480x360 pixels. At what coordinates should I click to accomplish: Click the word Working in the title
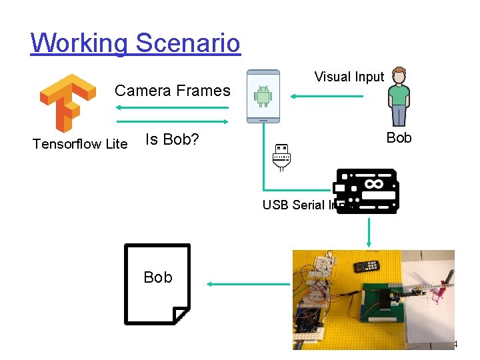[79, 43]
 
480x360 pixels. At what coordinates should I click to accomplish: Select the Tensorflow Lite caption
[80, 143]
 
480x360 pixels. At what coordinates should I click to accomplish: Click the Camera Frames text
[173, 91]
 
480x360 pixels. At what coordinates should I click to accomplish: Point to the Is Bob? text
[173, 140]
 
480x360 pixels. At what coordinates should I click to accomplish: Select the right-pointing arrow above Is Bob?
[173, 122]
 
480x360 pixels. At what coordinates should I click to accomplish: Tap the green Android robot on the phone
[263, 97]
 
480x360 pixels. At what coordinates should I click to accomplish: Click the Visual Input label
[349, 77]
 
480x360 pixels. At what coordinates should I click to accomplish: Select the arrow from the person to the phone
[327, 97]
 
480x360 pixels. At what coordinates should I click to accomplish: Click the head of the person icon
[399, 74]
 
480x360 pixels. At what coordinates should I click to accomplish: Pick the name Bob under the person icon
[399, 138]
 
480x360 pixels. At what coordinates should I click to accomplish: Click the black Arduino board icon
[367, 191]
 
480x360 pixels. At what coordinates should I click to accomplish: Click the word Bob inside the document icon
[158, 277]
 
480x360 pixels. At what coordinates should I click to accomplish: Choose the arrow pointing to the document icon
[247, 284]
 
